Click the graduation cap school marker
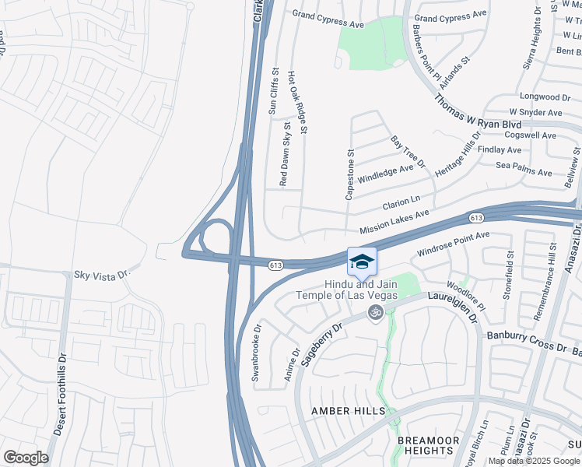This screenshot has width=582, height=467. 362,261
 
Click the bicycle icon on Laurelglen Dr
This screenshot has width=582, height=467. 375,312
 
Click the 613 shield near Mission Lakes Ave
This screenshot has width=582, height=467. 477,216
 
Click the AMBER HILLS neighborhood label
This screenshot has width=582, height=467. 348,410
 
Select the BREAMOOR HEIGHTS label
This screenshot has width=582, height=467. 426,445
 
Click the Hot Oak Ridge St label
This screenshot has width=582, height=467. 299,100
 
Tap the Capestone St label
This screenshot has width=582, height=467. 349,174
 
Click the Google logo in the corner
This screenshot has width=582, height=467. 26,458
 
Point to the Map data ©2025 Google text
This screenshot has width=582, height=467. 534,461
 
